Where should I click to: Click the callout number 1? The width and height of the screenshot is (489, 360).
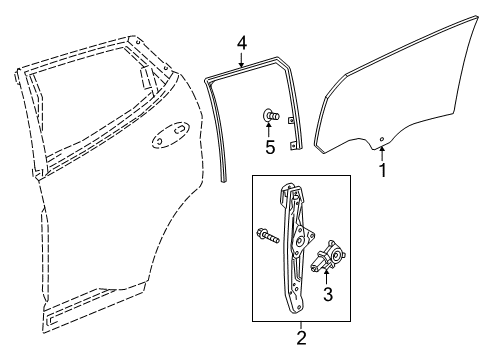pyautogui.click(x=382, y=170)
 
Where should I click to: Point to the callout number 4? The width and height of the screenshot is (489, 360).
pyautogui.click(x=240, y=43)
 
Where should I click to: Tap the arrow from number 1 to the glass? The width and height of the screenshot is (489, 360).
pyautogui.click(x=382, y=153)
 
